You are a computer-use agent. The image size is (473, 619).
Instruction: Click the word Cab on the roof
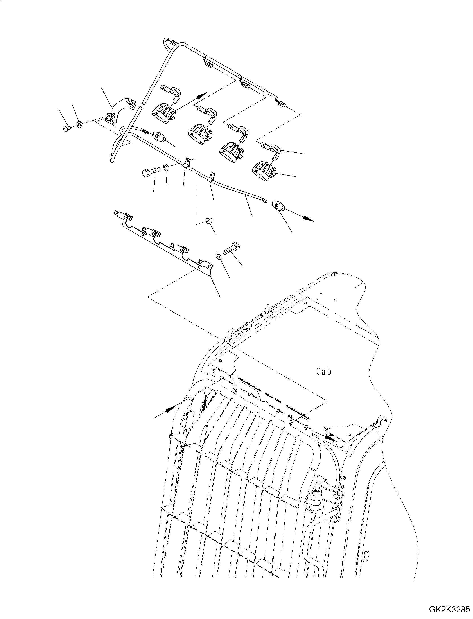324,372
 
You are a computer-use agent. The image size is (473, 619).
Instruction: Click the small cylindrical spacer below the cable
209,220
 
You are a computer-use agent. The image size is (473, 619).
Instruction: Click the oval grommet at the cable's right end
278,205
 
